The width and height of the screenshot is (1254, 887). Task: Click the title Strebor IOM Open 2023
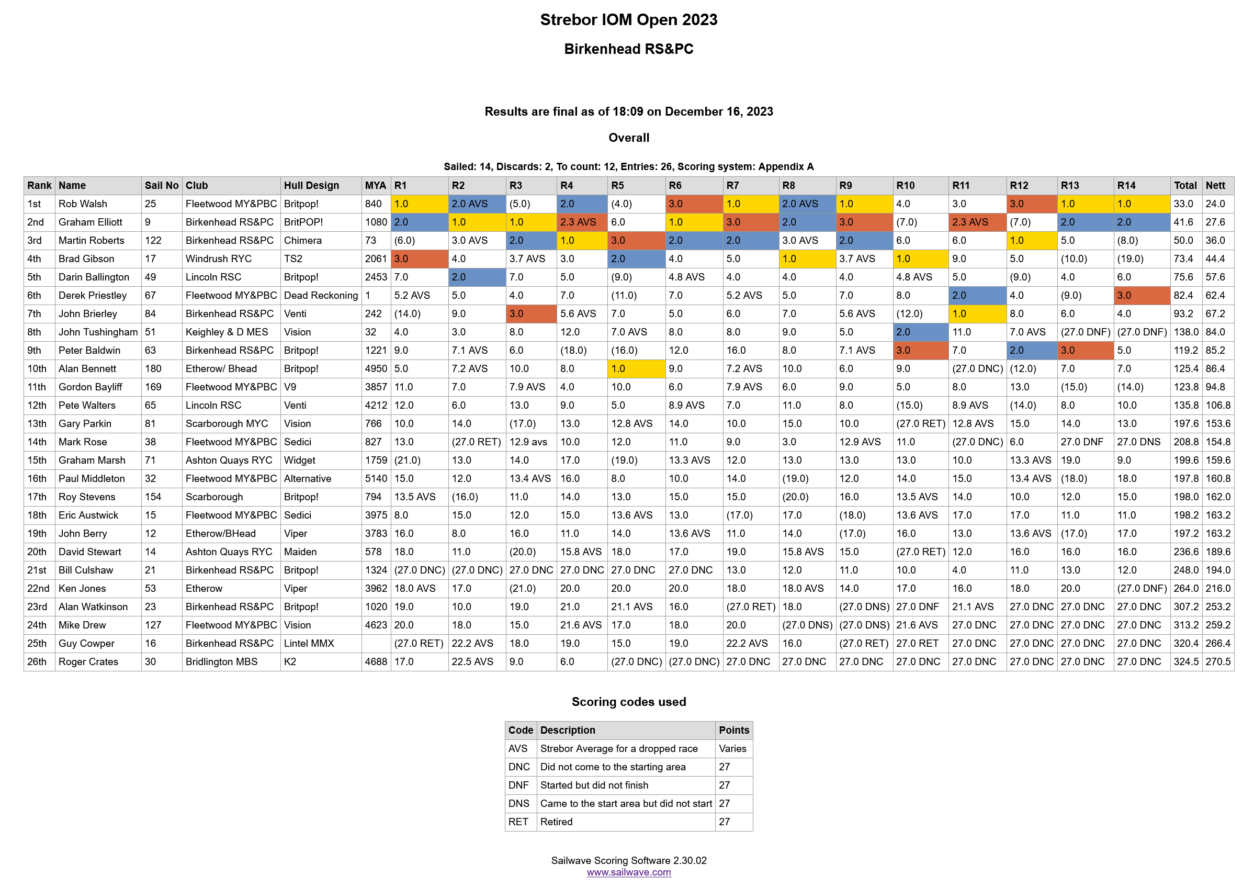click(x=628, y=20)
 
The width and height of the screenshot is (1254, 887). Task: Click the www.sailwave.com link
click(x=628, y=872)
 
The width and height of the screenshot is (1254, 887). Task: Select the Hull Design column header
click(x=311, y=185)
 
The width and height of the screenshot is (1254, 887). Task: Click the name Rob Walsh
click(x=83, y=204)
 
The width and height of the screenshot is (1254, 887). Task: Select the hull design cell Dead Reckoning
click(x=321, y=296)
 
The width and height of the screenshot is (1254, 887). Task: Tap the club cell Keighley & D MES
click(x=227, y=332)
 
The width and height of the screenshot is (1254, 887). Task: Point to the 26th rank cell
click(x=37, y=661)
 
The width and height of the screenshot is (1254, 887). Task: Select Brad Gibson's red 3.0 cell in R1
click(x=419, y=259)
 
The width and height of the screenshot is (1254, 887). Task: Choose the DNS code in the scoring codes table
click(x=518, y=803)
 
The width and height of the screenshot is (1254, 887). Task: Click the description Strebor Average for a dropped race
click(x=618, y=748)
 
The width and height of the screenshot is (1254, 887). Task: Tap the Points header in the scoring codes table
click(x=733, y=730)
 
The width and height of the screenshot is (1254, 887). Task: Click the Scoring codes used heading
click(x=628, y=702)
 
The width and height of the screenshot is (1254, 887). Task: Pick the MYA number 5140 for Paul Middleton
click(x=376, y=478)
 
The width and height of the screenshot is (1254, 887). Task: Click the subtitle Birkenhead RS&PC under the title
click(x=628, y=49)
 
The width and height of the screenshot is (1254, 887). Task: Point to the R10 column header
click(x=905, y=185)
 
